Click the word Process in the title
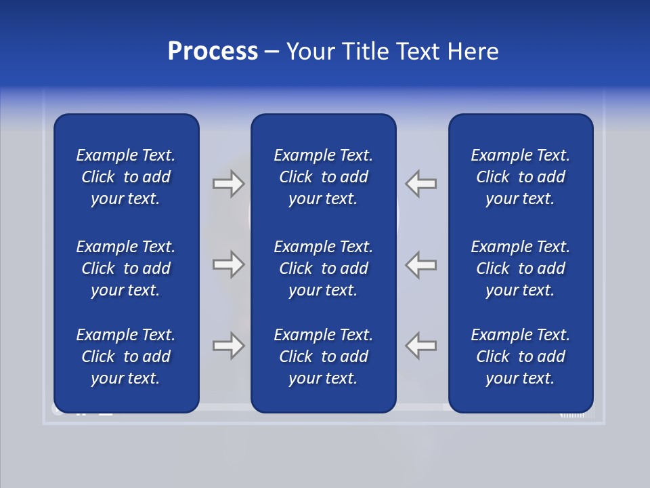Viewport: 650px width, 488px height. click(213, 52)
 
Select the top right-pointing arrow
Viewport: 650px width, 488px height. click(228, 184)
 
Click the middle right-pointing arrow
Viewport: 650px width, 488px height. click(228, 264)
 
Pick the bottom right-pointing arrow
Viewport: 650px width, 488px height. click(228, 346)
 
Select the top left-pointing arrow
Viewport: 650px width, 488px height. click(421, 184)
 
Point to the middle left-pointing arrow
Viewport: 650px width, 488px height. click(421, 264)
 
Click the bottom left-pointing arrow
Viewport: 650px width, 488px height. click(421, 346)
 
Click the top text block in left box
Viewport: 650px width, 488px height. click(126, 177)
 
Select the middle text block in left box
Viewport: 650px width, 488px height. click(126, 268)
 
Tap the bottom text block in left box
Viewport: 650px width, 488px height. click(126, 357)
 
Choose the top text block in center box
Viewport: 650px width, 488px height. click(323, 177)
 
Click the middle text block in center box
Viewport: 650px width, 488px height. click(323, 268)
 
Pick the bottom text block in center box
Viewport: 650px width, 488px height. click(323, 357)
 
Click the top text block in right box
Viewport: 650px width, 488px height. click(520, 177)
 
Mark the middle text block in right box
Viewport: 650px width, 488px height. click(520, 268)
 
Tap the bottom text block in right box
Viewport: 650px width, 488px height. click(520, 357)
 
